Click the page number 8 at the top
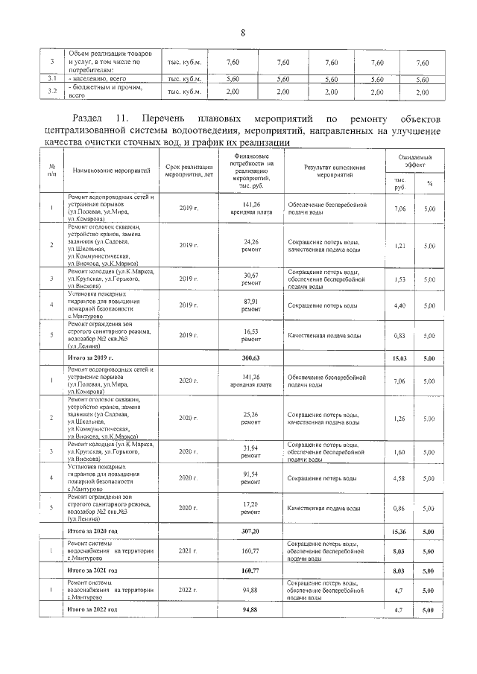pos(243,32)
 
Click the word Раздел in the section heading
pos(89,119)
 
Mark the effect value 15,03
pos(399,358)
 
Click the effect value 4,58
pos(399,477)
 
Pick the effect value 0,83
pos(399,336)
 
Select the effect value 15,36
pos(399,531)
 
